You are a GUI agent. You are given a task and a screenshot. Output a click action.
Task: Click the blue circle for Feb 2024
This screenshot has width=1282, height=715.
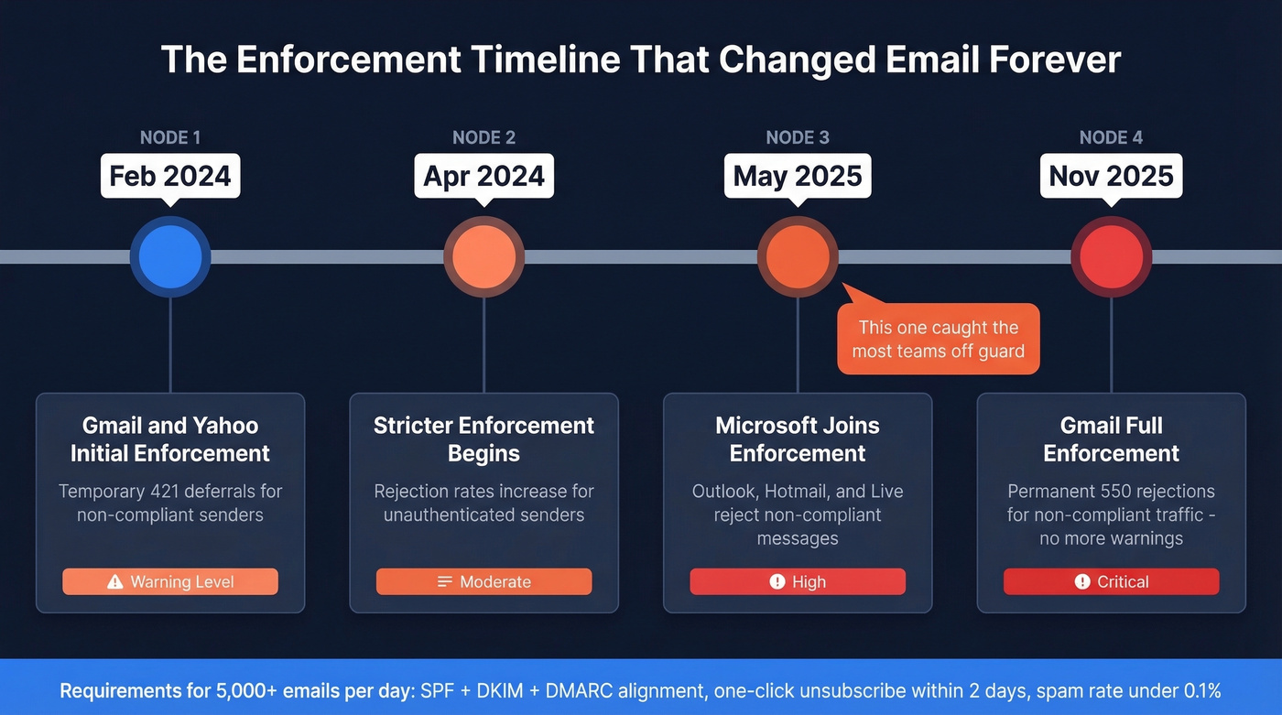click(170, 257)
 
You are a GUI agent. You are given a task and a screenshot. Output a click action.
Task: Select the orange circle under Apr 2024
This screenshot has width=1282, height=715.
click(483, 257)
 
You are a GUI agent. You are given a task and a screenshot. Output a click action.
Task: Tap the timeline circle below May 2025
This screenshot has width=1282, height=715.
click(798, 257)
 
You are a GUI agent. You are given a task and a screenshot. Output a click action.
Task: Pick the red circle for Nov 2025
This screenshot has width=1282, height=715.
click(1111, 257)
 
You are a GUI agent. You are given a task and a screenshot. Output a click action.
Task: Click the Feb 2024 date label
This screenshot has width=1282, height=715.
click(170, 176)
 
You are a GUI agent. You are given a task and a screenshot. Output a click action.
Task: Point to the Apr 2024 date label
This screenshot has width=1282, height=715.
click(483, 176)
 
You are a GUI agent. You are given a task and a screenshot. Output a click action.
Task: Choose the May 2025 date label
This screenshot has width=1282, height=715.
click(798, 176)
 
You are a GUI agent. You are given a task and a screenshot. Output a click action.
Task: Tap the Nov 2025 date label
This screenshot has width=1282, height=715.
click(1111, 176)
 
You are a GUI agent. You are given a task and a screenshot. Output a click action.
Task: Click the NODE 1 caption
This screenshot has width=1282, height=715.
click(170, 138)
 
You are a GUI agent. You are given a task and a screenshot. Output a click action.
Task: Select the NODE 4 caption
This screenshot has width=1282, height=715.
click(1111, 138)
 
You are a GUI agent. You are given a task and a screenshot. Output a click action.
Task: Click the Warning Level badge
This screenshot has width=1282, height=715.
click(170, 581)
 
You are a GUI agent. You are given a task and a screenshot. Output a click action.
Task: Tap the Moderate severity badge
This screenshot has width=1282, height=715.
click(483, 581)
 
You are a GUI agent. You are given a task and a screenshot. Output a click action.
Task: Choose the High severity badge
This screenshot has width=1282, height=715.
click(798, 581)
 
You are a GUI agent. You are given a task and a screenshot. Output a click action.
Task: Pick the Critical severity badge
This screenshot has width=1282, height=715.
click(1111, 581)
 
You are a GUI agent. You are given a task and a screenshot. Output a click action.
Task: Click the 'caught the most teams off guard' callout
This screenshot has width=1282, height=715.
click(939, 339)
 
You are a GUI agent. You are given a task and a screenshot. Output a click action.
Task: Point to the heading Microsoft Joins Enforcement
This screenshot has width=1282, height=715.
click(798, 439)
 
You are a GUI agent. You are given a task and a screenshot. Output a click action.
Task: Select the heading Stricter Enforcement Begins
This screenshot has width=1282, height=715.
click(483, 439)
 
